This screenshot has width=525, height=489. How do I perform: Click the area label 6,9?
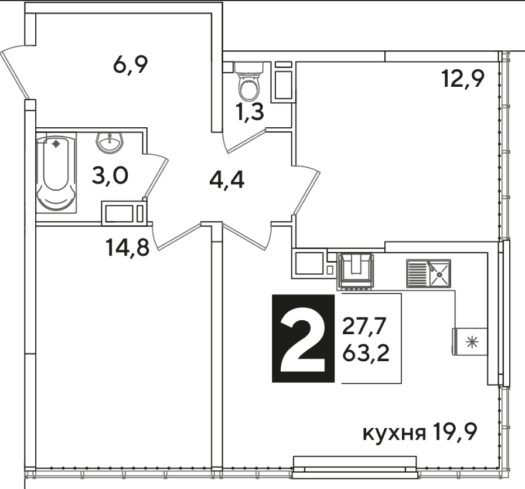pyautogui.click(x=131, y=64)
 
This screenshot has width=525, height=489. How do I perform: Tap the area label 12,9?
pyautogui.click(x=463, y=79)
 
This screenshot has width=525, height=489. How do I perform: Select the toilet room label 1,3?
pyautogui.click(x=250, y=111)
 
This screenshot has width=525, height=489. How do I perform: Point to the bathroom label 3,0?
pyautogui.click(x=110, y=175)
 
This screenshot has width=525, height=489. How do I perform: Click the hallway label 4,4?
pyautogui.click(x=227, y=179)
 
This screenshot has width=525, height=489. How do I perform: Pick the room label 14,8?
pyautogui.click(x=127, y=247)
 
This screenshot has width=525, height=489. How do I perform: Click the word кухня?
pyautogui.click(x=394, y=433)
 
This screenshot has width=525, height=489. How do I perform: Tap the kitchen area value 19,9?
pyautogui.click(x=454, y=432)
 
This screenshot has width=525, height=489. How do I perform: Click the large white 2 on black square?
pyautogui.click(x=303, y=345)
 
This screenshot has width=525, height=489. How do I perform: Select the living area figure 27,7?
pyautogui.click(x=364, y=327)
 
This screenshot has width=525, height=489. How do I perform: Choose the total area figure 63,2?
pyautogui.click(x=366, y=353)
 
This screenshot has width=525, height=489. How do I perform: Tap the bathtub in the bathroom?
pyautogui.click(x=56, y=172)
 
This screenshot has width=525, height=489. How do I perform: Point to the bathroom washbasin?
pyautogui.click(x=110, y=143)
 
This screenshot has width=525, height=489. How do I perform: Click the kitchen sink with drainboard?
pyautogui.click(x=428, y=273)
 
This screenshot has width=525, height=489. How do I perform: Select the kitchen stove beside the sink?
pyautogui.click(x=356, y=271)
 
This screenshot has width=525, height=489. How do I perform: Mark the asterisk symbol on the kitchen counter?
pyautogui.click(x=472, y=342)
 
